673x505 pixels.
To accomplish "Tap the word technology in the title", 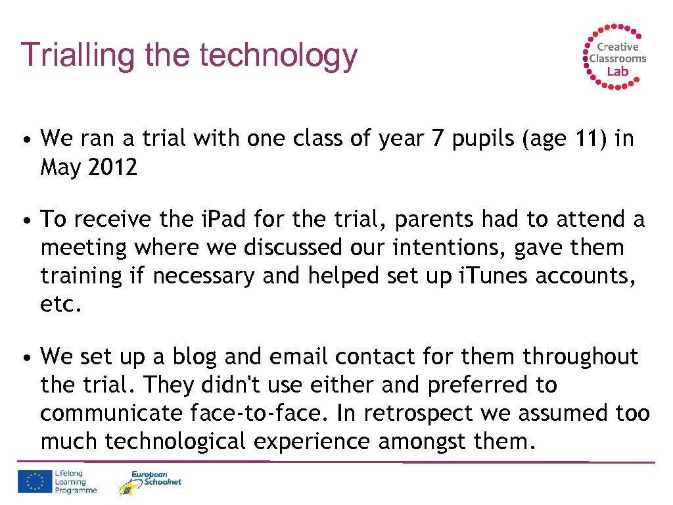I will coord(279,57).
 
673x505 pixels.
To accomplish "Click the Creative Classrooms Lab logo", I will coord(615,56).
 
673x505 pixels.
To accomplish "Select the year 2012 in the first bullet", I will coord(112,168).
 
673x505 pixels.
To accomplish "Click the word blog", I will coord(194,356).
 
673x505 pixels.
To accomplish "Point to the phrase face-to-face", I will coord(260,414).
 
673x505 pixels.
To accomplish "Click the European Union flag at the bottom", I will coord(35,482).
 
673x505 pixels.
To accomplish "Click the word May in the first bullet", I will coord(61,168).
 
